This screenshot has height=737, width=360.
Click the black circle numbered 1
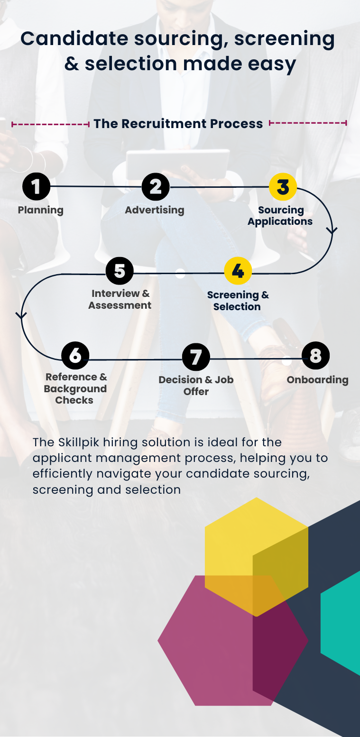(36, 186)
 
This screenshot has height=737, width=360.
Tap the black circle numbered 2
(156, 186)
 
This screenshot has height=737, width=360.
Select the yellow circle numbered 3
(283, 186)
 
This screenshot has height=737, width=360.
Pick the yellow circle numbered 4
(238, 271)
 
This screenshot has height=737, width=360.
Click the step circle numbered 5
(120, 271)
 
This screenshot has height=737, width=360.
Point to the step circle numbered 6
(75, 355)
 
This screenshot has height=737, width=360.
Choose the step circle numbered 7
(196, 357)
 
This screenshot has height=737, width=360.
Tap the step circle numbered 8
(315, 355)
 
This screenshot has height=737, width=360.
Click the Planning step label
(40, 210)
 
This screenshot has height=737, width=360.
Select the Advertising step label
(155, 210)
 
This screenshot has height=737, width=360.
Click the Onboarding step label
(318, 380)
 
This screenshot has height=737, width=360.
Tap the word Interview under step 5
(116, 293)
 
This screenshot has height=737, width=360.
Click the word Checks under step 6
(74, 400)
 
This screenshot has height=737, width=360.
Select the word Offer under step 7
(196, 392)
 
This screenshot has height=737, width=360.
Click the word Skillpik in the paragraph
(79, 442)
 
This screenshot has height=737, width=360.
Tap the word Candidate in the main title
(74, 38)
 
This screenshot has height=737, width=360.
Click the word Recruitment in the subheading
(164, 124)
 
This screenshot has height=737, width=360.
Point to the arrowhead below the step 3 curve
(332, 230)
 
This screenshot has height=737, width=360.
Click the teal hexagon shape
(341, 623)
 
